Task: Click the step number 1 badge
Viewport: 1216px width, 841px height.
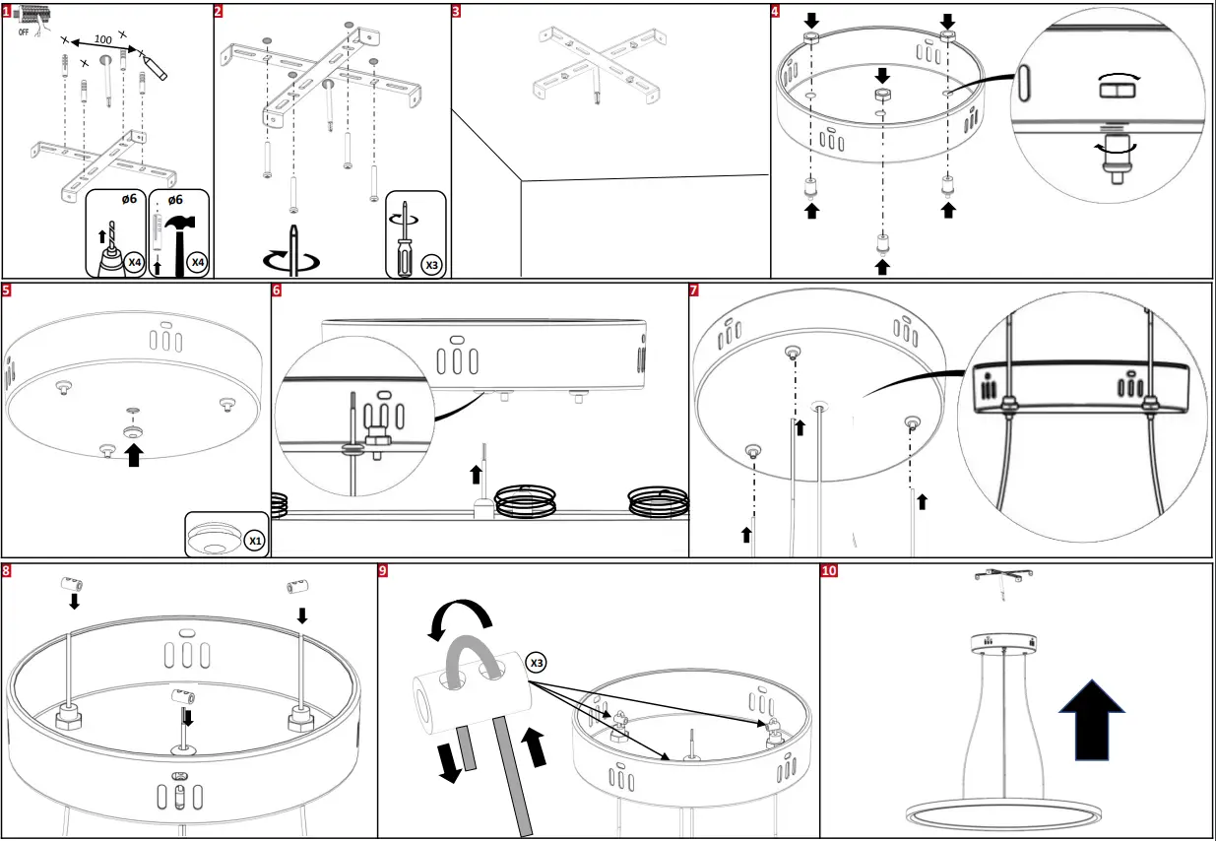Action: [x=8, y=12]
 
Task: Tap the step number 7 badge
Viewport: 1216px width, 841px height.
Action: [x=695, y=291]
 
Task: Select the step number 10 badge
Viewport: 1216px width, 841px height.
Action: [x=829, y=571]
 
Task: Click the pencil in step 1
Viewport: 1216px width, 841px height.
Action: [x=155, y=66]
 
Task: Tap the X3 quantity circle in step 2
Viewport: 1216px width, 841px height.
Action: [x=430, y=264]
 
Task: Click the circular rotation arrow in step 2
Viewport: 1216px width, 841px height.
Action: [x=293, y=260]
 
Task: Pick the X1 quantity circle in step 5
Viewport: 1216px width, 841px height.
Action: [x=254, y=541]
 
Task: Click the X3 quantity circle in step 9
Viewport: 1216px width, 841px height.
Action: [x=536, y=663]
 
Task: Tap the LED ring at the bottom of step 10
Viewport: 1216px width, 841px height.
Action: [x=1001, y=814]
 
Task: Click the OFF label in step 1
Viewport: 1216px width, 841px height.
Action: [x=23, y=32]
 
